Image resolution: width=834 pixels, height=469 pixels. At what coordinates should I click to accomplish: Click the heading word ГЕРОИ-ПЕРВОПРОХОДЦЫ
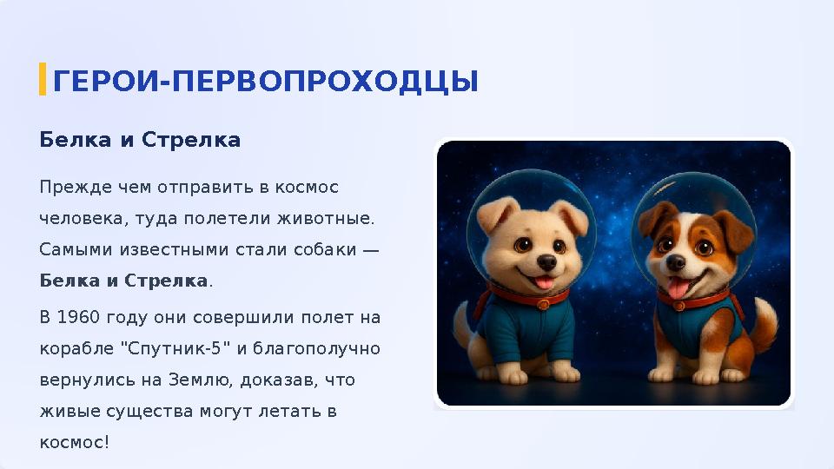click(x=265, y=82)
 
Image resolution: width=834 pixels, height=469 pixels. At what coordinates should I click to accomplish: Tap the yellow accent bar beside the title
click(x=43, y=79)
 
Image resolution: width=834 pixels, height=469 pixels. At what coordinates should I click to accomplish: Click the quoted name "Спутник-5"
click(x=174, y=349)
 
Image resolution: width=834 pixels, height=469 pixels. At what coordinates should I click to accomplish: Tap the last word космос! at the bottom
click(x=75, y=442)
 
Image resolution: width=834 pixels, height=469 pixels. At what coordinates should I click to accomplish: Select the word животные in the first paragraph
click(x=330, y=217)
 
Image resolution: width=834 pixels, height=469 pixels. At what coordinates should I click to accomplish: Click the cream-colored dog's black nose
click(x=545, y=262)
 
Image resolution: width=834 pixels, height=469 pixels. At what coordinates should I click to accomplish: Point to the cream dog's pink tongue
click(x=543, y=282)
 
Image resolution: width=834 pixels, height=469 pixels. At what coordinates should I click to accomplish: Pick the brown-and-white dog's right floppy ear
click(x=735, y=230)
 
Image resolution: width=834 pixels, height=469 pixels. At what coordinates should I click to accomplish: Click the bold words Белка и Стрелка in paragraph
click(x=123, y=281)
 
